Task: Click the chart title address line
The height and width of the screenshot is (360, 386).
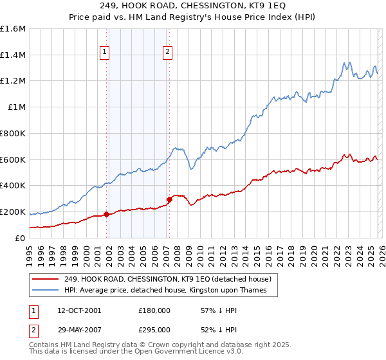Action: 193,5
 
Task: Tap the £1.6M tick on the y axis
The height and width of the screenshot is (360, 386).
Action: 13,29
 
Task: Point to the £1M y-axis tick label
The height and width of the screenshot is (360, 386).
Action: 16,107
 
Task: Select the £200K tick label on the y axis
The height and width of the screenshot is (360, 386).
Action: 13,212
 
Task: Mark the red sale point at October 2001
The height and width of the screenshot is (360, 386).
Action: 106,214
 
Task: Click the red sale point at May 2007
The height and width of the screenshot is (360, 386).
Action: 170,199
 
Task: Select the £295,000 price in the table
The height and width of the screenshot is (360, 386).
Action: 154,329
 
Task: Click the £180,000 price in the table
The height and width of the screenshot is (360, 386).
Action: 154,310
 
